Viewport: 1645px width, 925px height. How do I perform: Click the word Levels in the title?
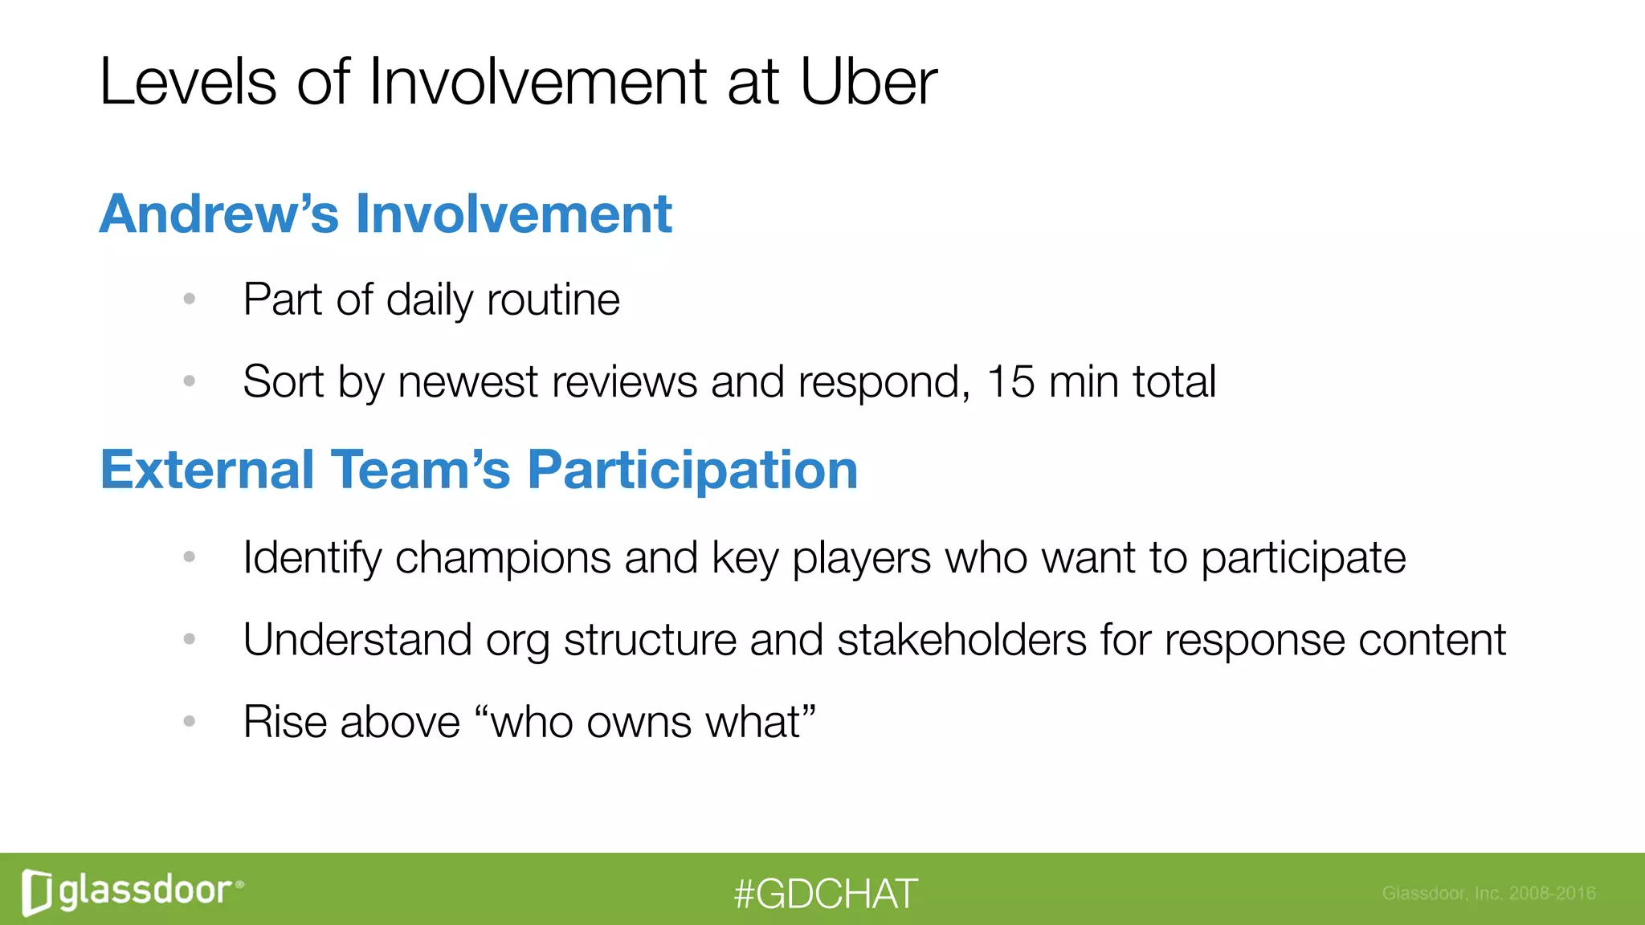click(188, 82)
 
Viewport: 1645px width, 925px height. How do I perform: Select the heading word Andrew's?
click(218, 214)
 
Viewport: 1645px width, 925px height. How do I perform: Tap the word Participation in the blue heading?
click(692, 471)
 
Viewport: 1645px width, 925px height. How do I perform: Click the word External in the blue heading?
click(207, 471)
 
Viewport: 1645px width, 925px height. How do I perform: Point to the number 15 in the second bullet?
click(1010, 381)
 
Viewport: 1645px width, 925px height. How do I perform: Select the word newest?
click(467, 381)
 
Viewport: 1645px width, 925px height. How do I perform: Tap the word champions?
click(503, 557)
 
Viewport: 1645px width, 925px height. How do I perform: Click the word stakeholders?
click(961, 640)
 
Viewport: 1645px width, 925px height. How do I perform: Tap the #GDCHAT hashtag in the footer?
click(825, 894)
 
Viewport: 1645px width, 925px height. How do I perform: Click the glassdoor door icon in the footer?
click(37, 892)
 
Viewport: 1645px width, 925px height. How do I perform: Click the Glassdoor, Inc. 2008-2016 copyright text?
click(1488, 893)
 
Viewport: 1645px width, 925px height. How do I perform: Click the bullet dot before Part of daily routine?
click(190, 300)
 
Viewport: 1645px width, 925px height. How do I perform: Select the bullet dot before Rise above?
click(190, 722)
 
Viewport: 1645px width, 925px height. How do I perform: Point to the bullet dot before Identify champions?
click(190, 556)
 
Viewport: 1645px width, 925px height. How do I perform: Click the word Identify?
click(312, 557)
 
